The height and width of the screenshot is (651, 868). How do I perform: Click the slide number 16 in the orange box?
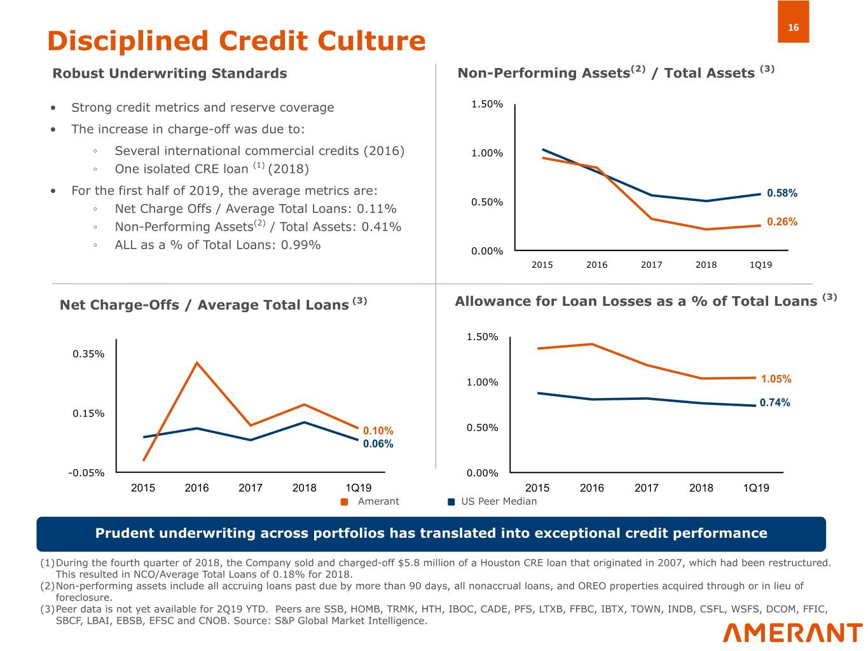(x=793, y=27)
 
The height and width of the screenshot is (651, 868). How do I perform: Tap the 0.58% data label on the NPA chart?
(x=782, y=193)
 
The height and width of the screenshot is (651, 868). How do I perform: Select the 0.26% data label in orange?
(x=782, y=222)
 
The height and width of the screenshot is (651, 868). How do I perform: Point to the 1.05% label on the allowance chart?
(x=776, y=379)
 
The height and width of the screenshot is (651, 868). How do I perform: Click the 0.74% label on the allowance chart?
(x=775, y=402)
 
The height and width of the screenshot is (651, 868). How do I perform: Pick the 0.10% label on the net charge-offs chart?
(x=378, y=431)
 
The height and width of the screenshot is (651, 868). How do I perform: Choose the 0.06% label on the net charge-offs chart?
(x=378, y=444)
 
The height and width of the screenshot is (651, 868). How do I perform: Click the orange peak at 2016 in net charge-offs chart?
(x=197, y=363)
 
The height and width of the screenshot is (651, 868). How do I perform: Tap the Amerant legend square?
(x=345, y=502)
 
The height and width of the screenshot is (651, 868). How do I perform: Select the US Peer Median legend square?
(x=451, y=502)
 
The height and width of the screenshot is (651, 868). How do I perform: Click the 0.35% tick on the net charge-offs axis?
(x=88, y=354)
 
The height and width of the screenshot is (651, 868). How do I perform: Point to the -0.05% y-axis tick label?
(x=86, y=473)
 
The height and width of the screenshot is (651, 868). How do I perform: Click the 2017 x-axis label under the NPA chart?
(x=651, y=264)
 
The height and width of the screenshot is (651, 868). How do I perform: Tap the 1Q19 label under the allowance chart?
(x=756, y=488)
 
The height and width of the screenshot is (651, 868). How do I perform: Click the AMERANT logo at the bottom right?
(x=792, y=633)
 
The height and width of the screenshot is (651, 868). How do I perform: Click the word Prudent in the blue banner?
(x=120, y=533)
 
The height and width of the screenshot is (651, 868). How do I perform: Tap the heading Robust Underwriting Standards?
(x=169, y=74)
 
